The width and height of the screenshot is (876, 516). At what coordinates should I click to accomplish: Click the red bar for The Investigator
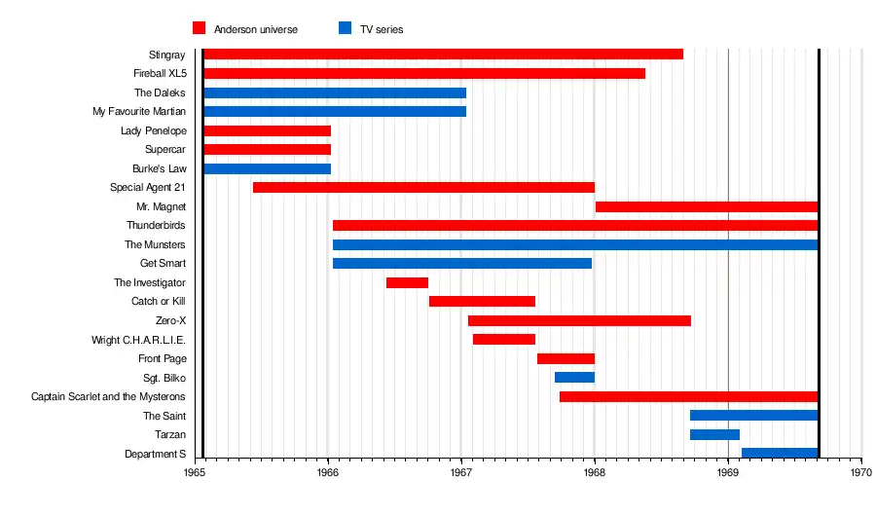pyautogui.click(x=407, y=282)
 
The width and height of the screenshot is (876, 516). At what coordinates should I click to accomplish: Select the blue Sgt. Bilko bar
pyautogui.click(x=574, y=377)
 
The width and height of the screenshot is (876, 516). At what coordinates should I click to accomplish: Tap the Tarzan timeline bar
pyautogui.click(x=714, y=434)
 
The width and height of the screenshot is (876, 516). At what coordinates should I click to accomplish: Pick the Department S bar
pyautogui.click(x=779, y=453)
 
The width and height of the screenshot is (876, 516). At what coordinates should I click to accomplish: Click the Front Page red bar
pyautogui.click(x=566, y=358)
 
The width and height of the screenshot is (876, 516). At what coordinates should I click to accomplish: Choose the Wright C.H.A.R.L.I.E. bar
pyautogui.click(x=504, y=339)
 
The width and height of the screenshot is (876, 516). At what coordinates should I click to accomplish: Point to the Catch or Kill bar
pyautogui.click(x=482, y=301)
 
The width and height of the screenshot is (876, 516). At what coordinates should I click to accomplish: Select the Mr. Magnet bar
pyautogui.click(x=706, y=206)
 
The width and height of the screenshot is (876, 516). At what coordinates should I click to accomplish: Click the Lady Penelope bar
pyautogui.click(x=267, y=130)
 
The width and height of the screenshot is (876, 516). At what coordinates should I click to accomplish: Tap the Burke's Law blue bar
pyautogui.click(x=267, y=168)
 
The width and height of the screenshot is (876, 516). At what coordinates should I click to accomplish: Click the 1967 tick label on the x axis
pyautogui.click(x=460, y=472)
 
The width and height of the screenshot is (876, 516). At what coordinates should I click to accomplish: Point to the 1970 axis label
pyautogui.click(x=860, y=472)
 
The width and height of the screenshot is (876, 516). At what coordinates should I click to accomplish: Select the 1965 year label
pyautogui.click(x=195, y=472)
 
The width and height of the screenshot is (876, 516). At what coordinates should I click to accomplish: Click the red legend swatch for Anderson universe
pyautogui.click(x=200, y=29)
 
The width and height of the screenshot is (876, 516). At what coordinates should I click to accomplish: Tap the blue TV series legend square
pyautogui.click(x=345, y=29)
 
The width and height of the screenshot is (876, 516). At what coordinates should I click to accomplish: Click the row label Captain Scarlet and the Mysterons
pyautogui.click(x=108, y=396)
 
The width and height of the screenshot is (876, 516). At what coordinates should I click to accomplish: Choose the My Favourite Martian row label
pyautogui.click(x=139, y=112)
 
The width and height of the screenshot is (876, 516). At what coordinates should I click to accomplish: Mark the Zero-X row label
pyautogui.click(x=170, y=320)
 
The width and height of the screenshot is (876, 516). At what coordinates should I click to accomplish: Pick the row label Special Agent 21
pyautogui.click(x=148, y=187)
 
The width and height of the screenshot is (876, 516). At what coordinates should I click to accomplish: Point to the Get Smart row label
pyautogui.click(x=163, y=263)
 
